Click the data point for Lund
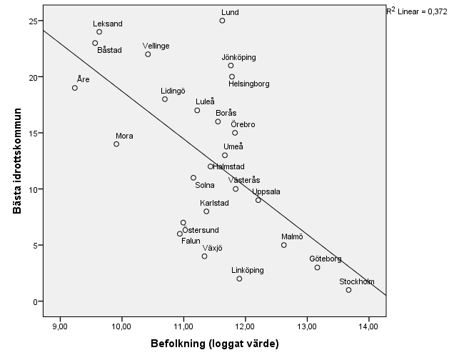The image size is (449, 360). click(x=222, y=21)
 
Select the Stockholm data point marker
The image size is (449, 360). click(x=348, y=290)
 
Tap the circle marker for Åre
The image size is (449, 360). click(x=75, y=88)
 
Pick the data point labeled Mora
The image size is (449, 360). click(x=116, y=144)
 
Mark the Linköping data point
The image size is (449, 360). click(x=239, y=279)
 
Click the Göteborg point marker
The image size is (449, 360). click(x=317, y=267)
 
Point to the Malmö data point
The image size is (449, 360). click(x=283, y=245)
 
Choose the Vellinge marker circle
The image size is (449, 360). click(x=148, y=54)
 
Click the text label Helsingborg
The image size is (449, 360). click(x=248, y=84)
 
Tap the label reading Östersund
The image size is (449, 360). click(x=201, y=230)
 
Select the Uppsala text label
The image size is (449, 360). click(x=266, y=191)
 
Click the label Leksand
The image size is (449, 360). click(x=108, y=24)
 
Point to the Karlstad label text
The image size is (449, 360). click(x=214, y=203)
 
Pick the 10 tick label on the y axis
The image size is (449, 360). click(x=31, y=189)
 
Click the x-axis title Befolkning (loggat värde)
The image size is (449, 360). click(x=213, y=343)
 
